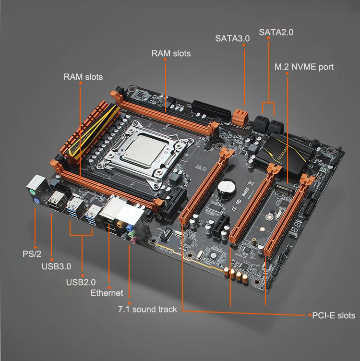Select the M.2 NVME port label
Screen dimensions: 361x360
[x=303, y=67]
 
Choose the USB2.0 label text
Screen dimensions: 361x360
[x=80, y=282]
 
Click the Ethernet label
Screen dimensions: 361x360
[x=107, y=293]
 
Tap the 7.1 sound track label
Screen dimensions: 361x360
[x=147, y=309]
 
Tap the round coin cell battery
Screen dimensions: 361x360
[x=225, y=187]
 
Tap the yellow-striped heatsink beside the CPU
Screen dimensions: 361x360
[x=82, y=129]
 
